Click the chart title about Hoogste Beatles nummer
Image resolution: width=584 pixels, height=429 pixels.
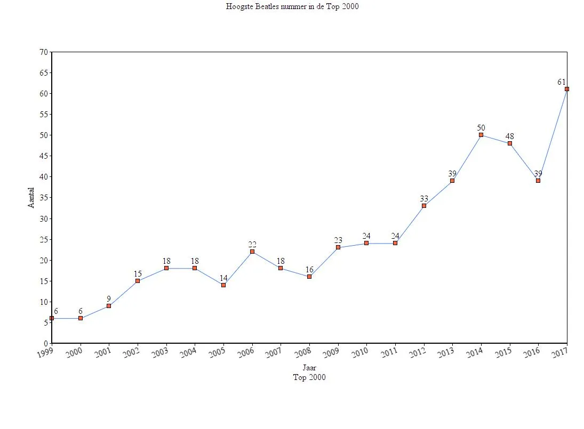292,7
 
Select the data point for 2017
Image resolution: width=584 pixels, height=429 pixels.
566,89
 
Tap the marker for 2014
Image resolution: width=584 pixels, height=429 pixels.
481,135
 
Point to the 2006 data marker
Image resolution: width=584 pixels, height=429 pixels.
252,252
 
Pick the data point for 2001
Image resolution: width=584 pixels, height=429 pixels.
109,306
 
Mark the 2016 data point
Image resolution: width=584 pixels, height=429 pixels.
538,181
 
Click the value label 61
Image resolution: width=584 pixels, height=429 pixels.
561,82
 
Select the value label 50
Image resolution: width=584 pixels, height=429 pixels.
481,128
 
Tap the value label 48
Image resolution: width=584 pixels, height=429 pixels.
510,136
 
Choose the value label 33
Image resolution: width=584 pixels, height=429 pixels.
424,199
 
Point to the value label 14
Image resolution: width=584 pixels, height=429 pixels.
223,278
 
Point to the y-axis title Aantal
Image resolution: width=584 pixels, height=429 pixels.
31,197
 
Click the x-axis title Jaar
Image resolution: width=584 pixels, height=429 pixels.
309,368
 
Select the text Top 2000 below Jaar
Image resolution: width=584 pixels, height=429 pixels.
309,377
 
